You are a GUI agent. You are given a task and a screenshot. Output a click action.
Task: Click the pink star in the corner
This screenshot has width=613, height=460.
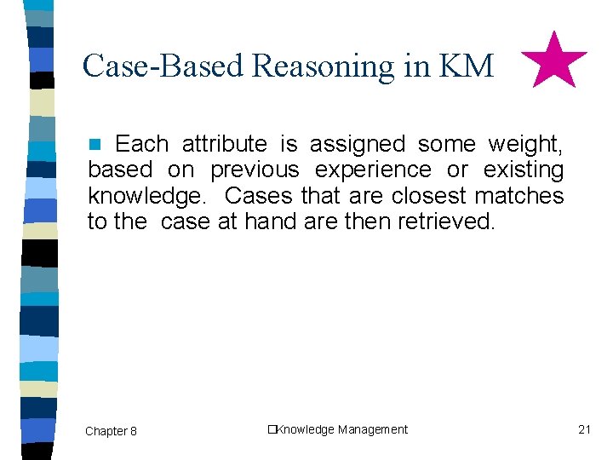(553, 61)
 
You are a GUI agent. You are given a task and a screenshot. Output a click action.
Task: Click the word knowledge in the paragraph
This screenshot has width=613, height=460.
(146, 197)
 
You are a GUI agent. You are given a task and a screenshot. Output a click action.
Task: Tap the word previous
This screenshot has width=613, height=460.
(255, 170)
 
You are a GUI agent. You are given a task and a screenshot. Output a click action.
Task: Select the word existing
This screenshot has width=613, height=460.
(523, 170)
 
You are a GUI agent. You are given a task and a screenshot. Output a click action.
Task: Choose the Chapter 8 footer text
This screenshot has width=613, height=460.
(111, 431)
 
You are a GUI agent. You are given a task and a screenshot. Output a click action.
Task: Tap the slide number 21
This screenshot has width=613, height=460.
(584, 429)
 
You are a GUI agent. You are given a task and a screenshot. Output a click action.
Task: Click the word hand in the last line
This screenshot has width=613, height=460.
(266, 222)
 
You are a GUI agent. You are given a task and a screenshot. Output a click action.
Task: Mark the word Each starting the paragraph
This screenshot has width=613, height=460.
(141, 144)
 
